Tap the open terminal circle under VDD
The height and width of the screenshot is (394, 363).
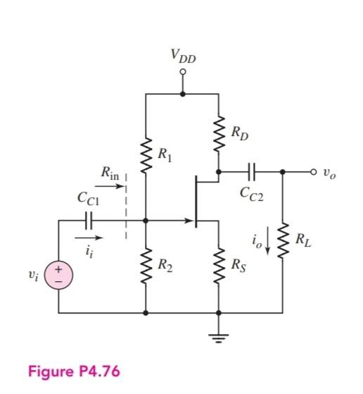click(183, 72)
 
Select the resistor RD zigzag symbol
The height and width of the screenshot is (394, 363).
click(219, 132)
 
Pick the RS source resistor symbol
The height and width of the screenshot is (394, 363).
click(219, 266)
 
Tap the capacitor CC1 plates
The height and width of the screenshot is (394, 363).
click(88, 221)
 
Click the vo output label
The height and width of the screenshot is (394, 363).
click(329, 172)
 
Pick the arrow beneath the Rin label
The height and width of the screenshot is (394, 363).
click(110, 187)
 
